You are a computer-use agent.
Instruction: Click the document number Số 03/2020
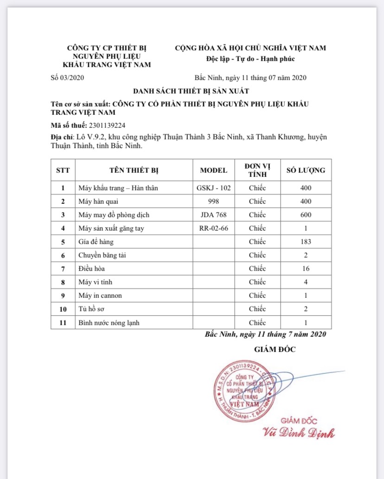coord(67,78)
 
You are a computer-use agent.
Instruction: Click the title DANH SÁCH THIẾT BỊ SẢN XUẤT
coord(192,91)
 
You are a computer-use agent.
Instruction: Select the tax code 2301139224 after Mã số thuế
coord(107,125)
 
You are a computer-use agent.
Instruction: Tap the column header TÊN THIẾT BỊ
coord(134,170)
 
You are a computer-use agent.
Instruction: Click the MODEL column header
coord(213,170)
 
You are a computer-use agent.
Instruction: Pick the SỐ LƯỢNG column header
coord(305,170)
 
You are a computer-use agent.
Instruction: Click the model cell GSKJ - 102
coord(213,188)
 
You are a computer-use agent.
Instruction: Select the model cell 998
coord(213,202)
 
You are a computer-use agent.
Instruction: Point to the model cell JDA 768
coord(213,215)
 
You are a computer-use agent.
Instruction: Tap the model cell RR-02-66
coord(213,228)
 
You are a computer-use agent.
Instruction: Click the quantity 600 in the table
coord(305,215)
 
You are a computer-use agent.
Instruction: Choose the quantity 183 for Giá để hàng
coord(305,242)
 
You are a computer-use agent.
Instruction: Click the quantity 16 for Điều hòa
coord(305,269)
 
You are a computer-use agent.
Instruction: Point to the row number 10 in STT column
coord(63,309)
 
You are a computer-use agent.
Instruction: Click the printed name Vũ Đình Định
coord(299,433)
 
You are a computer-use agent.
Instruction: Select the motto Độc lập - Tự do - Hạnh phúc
coord(250,59)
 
